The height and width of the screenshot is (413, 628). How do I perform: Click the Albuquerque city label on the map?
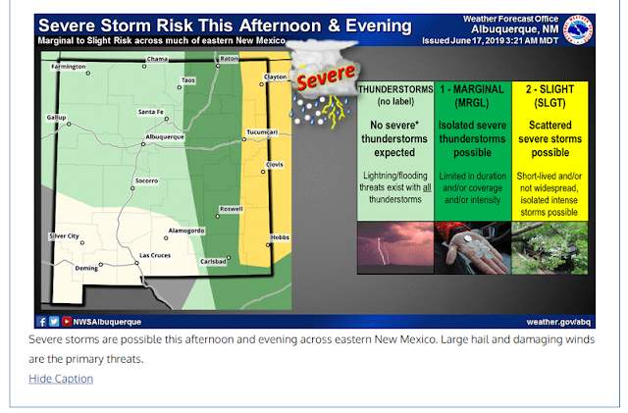tap(165, 137)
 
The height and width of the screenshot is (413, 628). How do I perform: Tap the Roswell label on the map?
tap(232, 209)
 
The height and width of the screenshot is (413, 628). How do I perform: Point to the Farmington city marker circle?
tap(88, 74)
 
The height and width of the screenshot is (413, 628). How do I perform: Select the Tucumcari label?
tap(262, 132)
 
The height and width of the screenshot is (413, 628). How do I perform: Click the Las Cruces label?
tap(155, 255)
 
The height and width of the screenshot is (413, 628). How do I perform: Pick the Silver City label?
tap(64, 236)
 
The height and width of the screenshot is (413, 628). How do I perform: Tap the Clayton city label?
tap(275, 77)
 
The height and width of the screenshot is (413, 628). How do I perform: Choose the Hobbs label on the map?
tap(280, 237)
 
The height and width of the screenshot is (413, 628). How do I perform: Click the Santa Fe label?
tap(150, 112)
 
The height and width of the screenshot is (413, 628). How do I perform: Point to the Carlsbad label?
tap(213, 261)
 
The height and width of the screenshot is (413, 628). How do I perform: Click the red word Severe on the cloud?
tap(326, 77)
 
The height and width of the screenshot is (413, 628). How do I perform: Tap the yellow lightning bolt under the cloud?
tap(334, 111)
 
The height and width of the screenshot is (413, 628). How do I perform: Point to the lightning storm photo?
tap(395, 248)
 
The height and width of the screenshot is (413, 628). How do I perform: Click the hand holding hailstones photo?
tap(473, 248)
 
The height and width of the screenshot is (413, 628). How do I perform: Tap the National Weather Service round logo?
tap(578, 30)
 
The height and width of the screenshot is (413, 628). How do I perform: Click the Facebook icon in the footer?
tap(41, 321)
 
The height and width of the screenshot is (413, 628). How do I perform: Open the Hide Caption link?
tap(61, 379)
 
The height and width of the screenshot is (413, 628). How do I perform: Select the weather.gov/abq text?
tap(558, 322)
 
